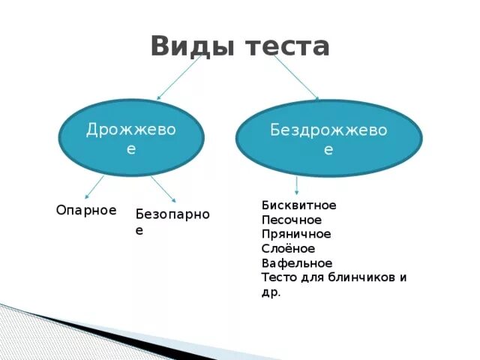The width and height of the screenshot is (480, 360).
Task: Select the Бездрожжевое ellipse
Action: [328, 138]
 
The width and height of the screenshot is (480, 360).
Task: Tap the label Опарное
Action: [86, 210]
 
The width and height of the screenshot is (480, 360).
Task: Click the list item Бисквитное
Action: [298, 205]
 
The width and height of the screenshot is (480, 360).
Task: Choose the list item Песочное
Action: [292, 220]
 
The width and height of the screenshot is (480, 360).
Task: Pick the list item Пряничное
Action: [296, 234]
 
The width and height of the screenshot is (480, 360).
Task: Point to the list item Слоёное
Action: [288, 248]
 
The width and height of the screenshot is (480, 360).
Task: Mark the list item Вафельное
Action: [297, 263]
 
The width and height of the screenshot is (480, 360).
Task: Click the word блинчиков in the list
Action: [359, 277]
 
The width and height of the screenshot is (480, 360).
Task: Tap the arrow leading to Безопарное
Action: [163, 189]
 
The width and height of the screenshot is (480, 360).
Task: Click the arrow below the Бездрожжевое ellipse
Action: [297, 185]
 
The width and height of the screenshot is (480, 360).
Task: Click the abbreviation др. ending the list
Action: [271, 292]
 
